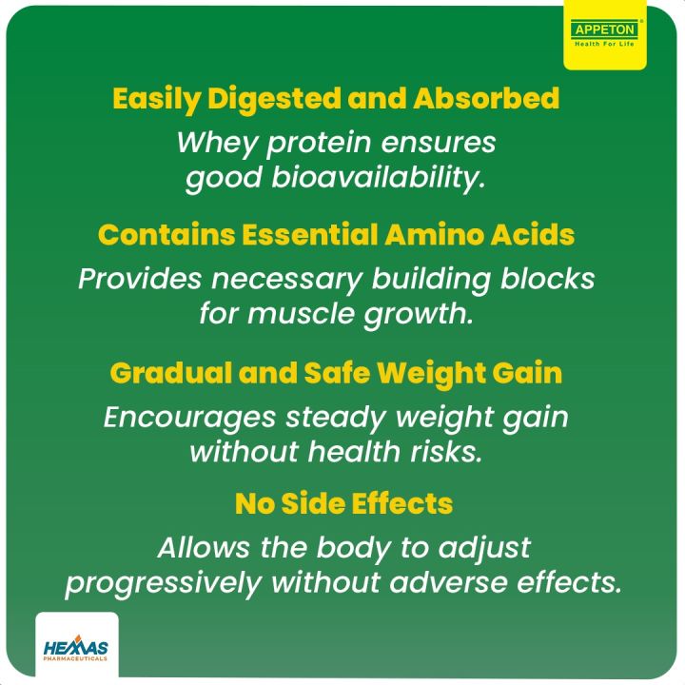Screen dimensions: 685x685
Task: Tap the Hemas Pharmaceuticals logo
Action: pyautogui.click(x=76, y=650)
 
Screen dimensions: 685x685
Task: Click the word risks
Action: pyautogui.click(x=450, y=452)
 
